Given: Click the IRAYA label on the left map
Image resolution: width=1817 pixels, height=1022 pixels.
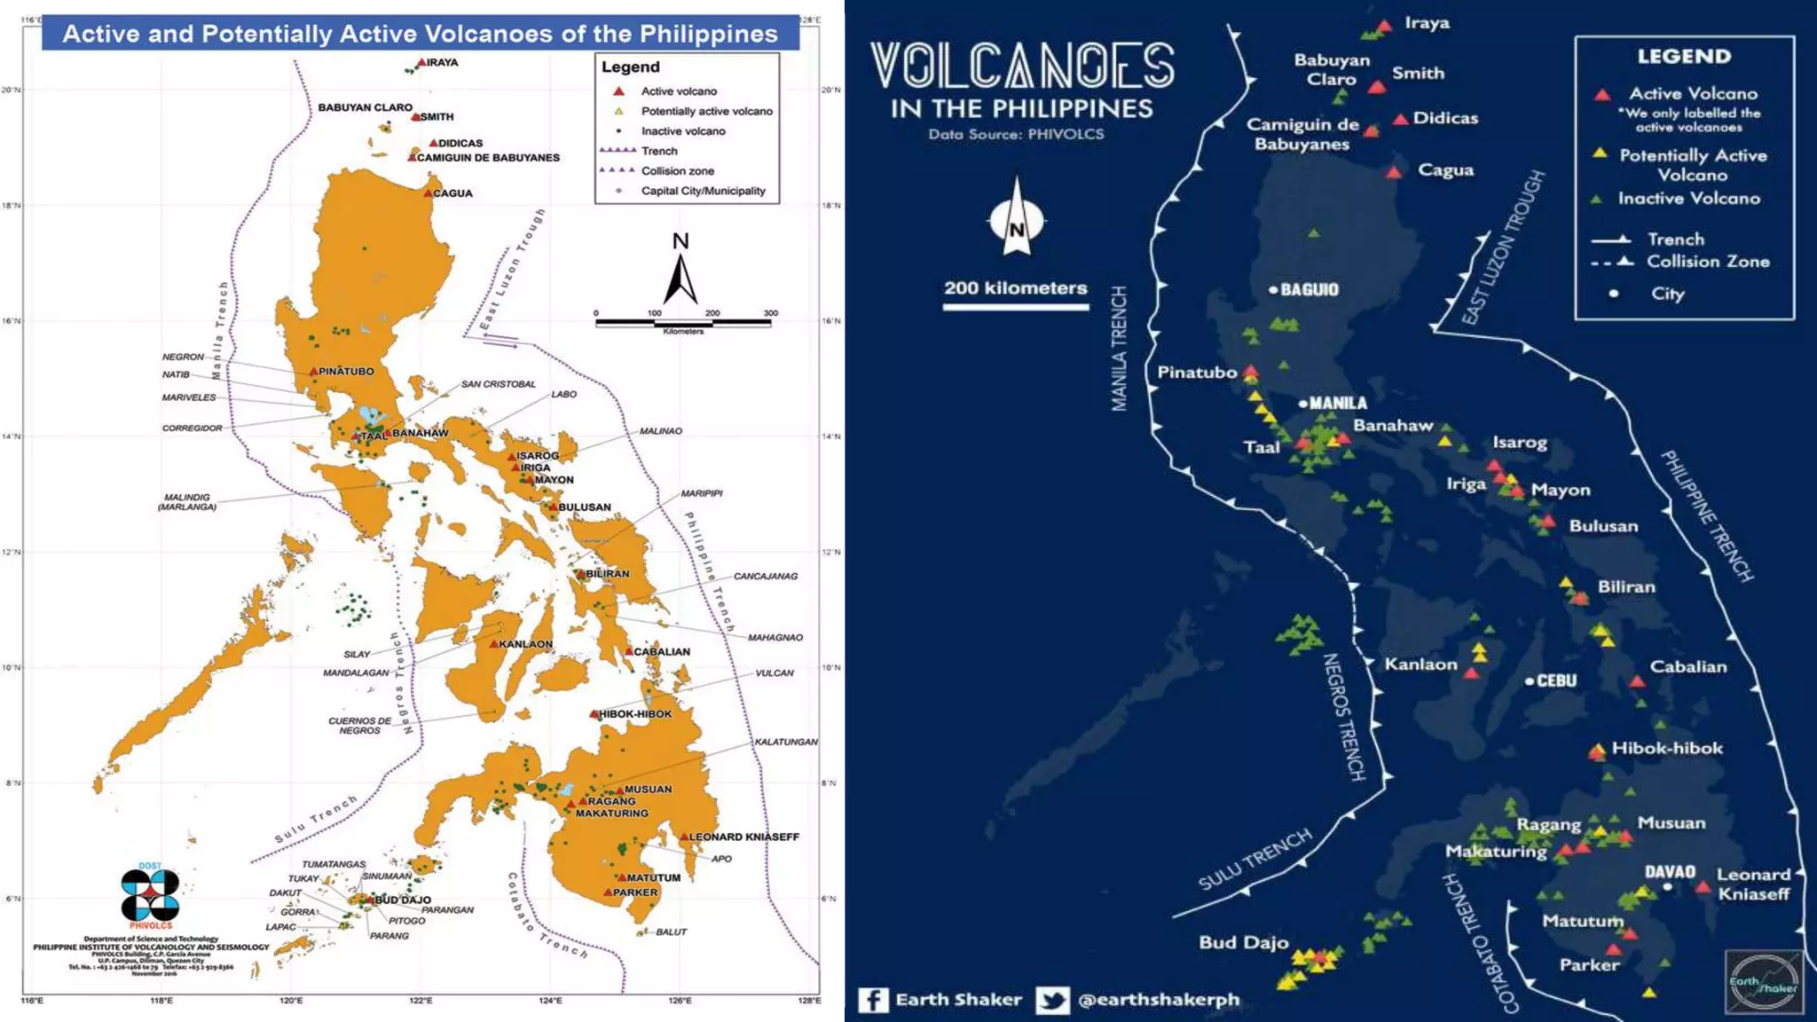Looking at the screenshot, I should pos(442,63).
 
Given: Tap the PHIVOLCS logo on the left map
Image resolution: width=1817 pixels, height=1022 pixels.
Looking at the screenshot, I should pos(150,895).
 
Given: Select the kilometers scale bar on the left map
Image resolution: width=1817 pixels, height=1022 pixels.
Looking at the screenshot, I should pos(682,323).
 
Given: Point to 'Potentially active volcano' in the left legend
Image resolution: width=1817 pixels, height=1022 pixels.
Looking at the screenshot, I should pos(706,112).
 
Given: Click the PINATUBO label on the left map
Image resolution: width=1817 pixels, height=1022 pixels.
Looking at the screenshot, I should pos(346,372).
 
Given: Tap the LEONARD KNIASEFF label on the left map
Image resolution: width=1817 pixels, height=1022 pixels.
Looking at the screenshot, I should pos(743,837).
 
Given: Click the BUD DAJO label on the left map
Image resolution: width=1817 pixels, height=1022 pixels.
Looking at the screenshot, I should pos(403,900).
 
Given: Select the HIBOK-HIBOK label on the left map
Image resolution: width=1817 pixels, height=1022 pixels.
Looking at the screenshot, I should pos(635,714).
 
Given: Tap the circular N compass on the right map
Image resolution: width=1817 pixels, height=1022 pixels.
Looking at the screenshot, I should pos(1017,222).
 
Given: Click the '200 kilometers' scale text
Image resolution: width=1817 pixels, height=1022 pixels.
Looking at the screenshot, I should pos(1015,288).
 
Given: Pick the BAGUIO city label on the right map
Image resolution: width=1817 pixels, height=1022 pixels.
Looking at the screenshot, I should pos(1309,290).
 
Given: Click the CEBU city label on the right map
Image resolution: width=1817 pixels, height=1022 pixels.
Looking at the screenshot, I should pos(1556,681).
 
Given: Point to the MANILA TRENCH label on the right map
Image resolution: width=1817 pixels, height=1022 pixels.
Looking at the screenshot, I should pos(1119,349).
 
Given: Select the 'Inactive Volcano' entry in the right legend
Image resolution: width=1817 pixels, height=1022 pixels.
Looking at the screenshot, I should pos(1688,199).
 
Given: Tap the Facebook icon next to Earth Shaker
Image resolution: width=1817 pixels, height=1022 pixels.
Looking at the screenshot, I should pos(873,1001).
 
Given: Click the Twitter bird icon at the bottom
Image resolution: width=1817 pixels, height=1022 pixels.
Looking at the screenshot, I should pos(1052,1001).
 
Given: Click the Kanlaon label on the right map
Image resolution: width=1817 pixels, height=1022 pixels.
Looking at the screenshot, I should pos(1420,664).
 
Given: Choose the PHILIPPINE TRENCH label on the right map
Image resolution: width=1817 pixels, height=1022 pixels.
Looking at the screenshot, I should pos(1706,516).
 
